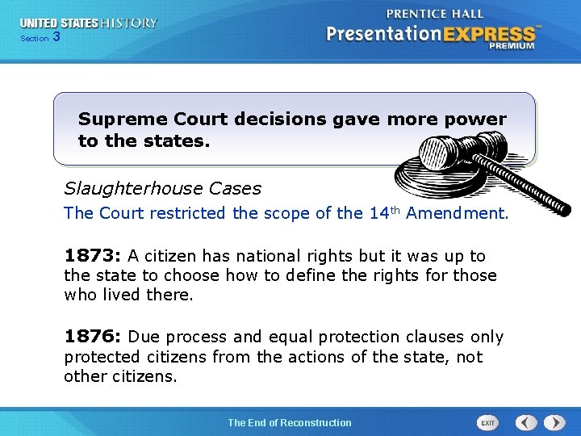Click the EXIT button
click(487, 422)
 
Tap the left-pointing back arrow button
click(526, 422)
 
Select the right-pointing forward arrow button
click(554, 422)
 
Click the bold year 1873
click(91, 256)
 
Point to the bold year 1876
click(91, 337)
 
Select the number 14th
click(384, 212)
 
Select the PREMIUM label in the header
click(511, 47)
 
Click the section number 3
click(56, 37)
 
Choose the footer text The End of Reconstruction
click(290, 422)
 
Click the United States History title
click(89, 23)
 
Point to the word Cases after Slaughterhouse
click(235, 189)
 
